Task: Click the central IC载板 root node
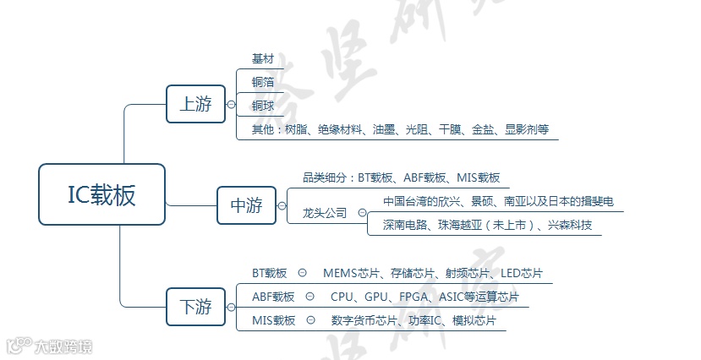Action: [x=101, y=194]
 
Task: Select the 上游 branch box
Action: [x=195, y=105]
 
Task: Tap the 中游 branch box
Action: [x=246, y=205]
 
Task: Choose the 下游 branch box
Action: [x=195, y=306]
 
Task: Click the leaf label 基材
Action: [x=263, y=59]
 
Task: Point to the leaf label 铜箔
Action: [x=263, y=82]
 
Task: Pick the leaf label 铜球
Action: [x=263, y=106]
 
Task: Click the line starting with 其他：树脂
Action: [x=400, y=130]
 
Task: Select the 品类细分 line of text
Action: [x=401, y=178]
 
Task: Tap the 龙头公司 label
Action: [x=325, y=214]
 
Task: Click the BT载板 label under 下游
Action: [x=270, y=274]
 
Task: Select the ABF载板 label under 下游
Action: [x=273, y=297]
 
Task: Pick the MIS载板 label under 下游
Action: [x=273, y=321]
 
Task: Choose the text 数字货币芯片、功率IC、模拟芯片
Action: [x=413, y=321]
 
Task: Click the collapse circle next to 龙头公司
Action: [x=362, y=214]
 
